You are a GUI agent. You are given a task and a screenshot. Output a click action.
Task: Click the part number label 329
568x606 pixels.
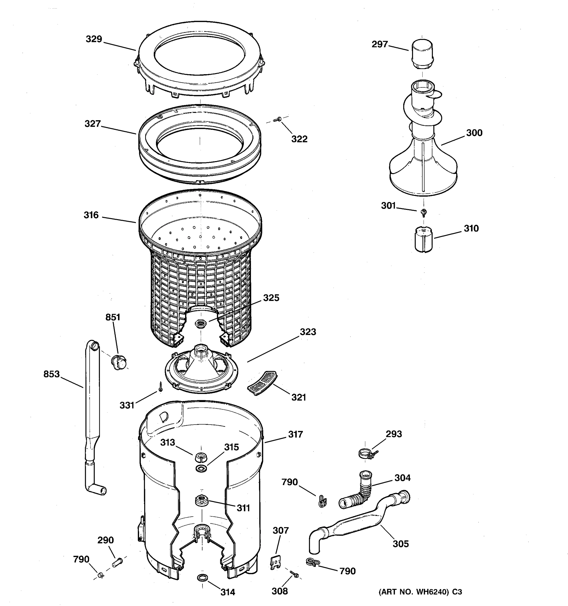pyautogui.click(x=94, y=39)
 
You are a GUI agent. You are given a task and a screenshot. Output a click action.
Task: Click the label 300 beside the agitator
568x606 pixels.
pyautogui.click(x=474, y=133)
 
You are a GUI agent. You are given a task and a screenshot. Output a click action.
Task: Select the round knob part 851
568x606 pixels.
pyautogui.click(x=118, y=362)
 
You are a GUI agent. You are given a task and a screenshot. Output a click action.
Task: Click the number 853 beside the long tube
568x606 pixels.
pyautogui.click(x=51, y=374)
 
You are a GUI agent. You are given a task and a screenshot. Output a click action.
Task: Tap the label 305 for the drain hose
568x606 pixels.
pyautogui.click(x=400, y=544)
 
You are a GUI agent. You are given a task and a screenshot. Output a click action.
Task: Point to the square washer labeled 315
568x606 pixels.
pyautogui.click(x=201, y=468)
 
